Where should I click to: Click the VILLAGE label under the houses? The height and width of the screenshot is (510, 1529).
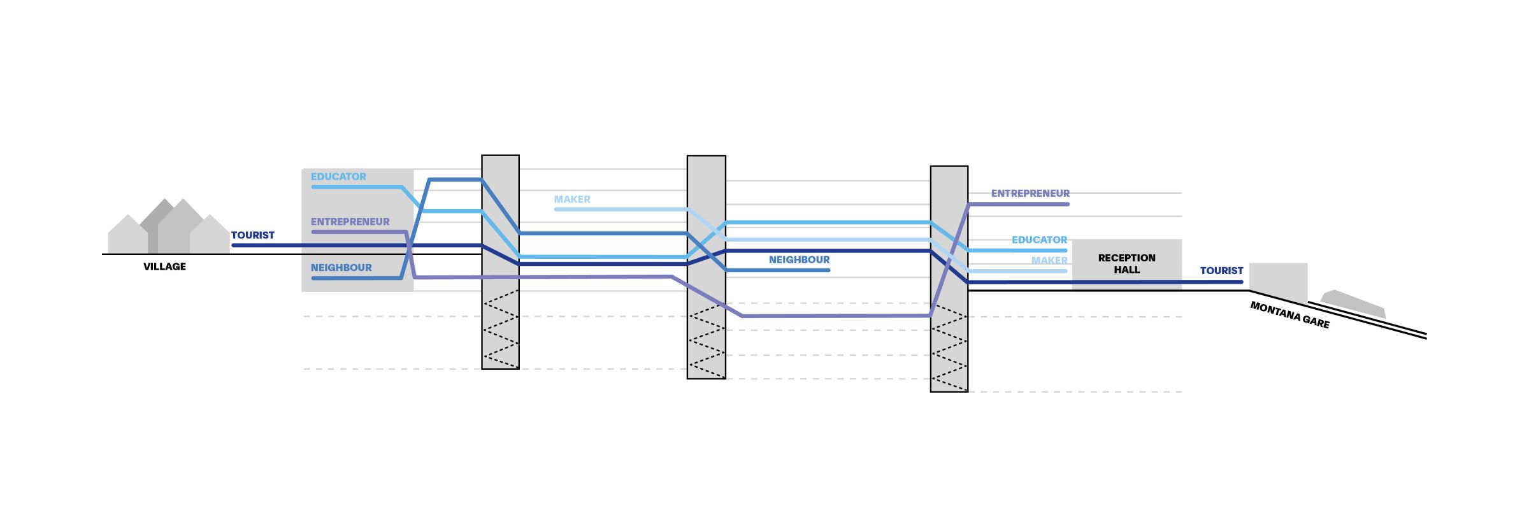tap(164, 266)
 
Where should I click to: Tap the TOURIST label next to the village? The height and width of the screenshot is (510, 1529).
tap(252, 235)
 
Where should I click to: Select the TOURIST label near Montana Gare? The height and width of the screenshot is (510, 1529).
tap(1221, 271)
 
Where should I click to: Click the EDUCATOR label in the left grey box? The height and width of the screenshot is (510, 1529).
tap(338, 177)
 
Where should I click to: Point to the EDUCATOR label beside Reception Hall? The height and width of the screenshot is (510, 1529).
tap(1039, 240)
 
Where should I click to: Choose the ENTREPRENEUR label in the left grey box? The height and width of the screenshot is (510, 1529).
tap(350, 222)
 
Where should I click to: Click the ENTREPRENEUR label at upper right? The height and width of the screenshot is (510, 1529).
tap(1030, 193)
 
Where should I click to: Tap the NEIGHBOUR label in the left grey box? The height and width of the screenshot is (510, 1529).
tap(341, 268)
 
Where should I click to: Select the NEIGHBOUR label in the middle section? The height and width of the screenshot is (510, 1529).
tap(799, 260)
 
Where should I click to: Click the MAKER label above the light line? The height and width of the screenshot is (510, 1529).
tap(572, 200)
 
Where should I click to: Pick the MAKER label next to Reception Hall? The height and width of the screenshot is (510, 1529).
tap(1049, 261)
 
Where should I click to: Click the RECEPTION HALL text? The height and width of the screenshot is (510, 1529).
tap(1126, 264)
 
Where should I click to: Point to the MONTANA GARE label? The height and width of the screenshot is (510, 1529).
tap(1289, 315)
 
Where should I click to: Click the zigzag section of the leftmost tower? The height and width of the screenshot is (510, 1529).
tap(500, 330)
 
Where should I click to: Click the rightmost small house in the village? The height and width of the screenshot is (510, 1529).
tap(209, 237)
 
